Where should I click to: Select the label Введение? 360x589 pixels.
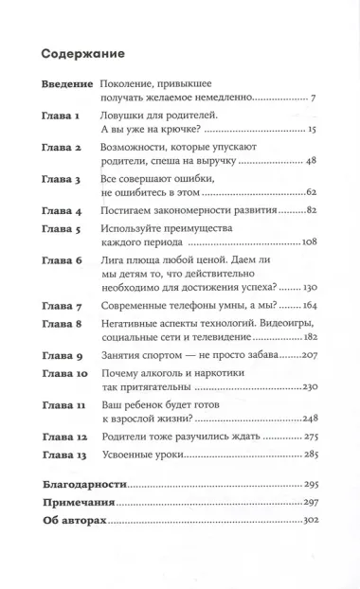point(68,85)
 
